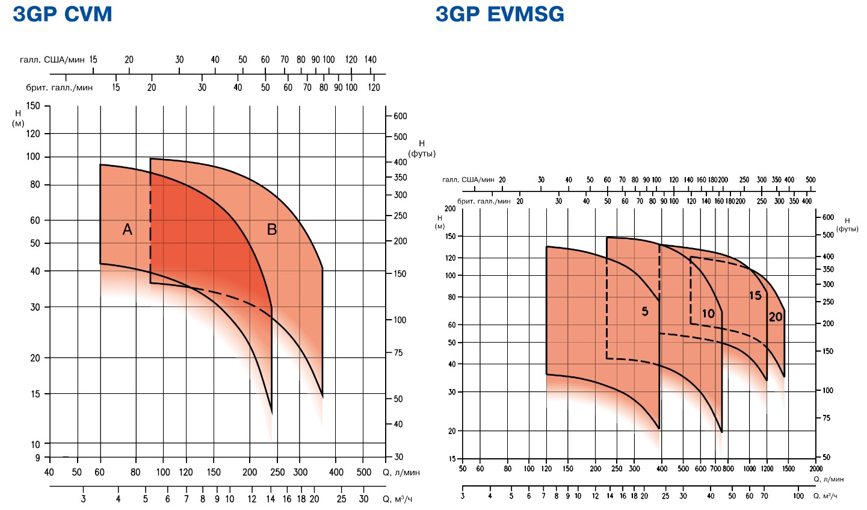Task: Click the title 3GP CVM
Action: [x=63, y=14]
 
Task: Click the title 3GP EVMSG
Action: [x=500, y=14]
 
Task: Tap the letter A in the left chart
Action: [x=127, y=229]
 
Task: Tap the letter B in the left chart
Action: [x=272, y=229]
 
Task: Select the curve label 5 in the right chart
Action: [x=645, y=311]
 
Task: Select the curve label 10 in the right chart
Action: [x=708, y=314]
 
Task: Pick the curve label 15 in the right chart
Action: [x=755, y=296]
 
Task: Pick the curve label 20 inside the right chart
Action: [x=776, y=317]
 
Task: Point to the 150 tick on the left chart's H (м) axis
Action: [x=33, y=106]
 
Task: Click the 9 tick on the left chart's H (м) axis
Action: [x=37, y=458]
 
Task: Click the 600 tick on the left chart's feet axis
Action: [x=400, y=116]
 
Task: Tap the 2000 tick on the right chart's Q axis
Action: [x=815, y=468]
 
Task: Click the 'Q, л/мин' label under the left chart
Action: [x=401, y=473]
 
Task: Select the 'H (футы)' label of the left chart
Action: [x=422, y=149]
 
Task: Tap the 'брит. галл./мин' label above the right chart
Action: [x=484, y=201]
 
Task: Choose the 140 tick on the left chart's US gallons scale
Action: [x=370, y=60]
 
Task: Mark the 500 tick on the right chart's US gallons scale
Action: [x=810, y=180]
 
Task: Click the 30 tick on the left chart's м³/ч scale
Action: [x=363, y=499]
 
